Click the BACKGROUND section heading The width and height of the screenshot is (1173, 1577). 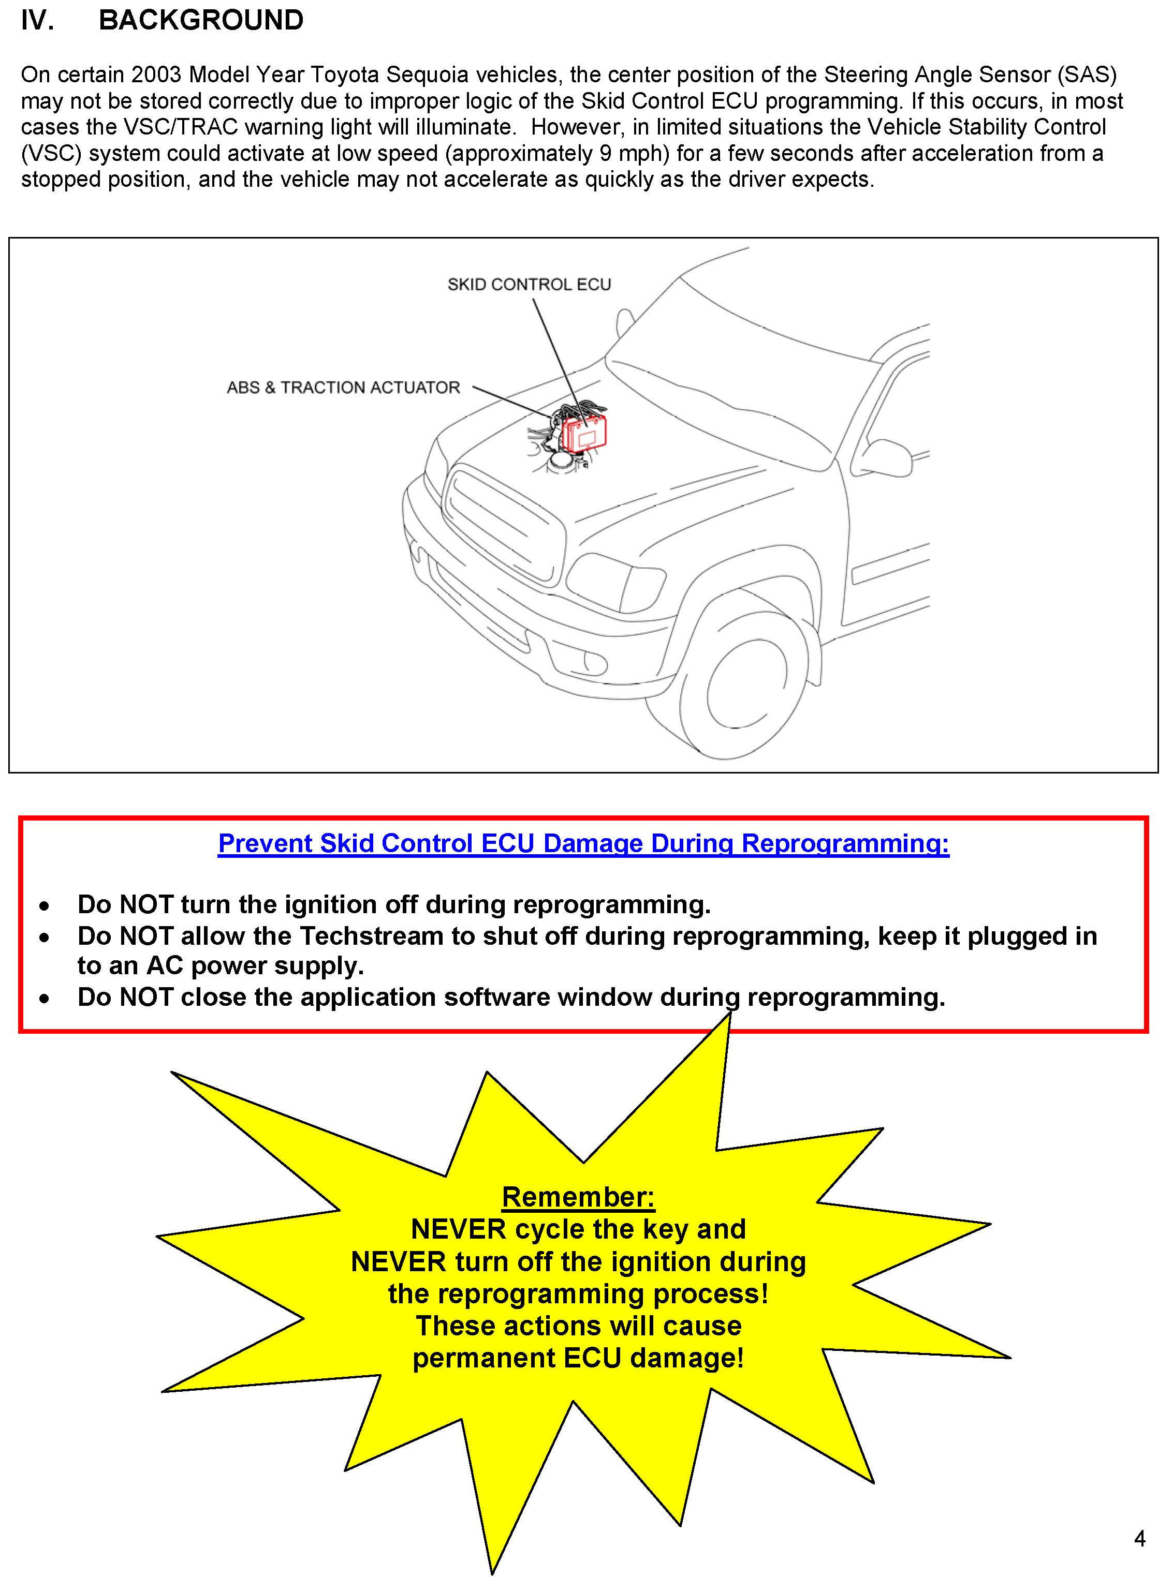[x=201, y=21]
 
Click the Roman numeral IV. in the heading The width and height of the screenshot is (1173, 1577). [x=37, y=21]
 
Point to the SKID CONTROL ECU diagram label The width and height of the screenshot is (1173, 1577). [x=529, y=285]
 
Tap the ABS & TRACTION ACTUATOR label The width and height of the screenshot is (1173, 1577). [x=343, y=388]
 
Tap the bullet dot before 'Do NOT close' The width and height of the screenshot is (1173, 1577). [x=45, y=999]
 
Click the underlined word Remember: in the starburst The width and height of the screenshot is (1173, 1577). [x=578, y=1197]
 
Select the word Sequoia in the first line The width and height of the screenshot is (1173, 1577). [x=428, y=75]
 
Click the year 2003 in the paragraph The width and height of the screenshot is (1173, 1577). [x=156, y=75]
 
